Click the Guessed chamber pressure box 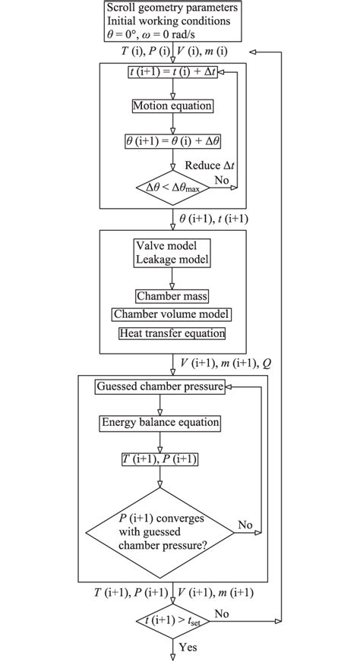click(x=160, y=387)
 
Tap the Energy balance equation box click(x=160, y=422)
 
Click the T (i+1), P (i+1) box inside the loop click(x=160, y=461)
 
